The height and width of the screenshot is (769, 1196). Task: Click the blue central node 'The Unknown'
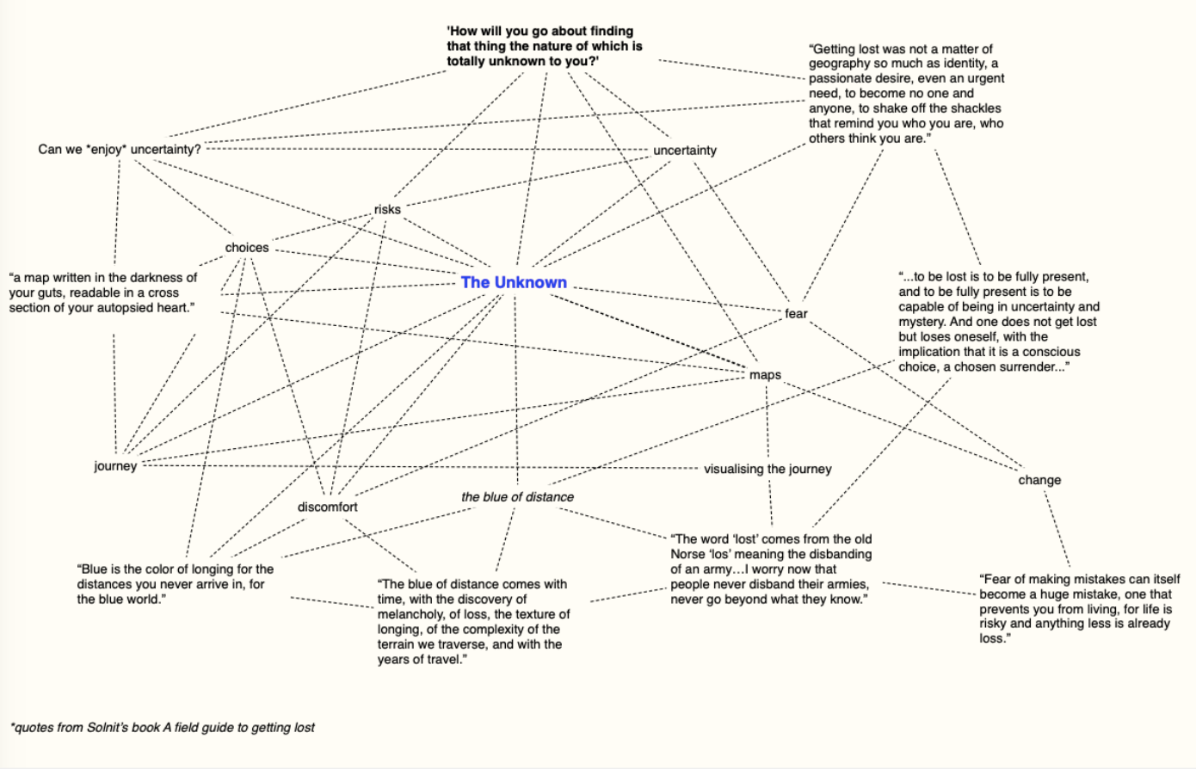(x=514, y=282)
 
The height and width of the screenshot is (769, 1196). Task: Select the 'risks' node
(x=387, y=209)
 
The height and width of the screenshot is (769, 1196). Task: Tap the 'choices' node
(x=247, y=248)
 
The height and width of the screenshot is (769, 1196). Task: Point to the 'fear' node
(x=796, y=313)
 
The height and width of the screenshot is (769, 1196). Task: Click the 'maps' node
(x=765, y=375)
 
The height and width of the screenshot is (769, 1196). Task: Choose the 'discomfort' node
(x=327, y=507)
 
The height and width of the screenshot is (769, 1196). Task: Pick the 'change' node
(x=1039, y=480)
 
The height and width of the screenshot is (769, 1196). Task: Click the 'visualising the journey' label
(x=768, y=469)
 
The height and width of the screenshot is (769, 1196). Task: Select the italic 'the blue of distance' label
(x=517, y=496)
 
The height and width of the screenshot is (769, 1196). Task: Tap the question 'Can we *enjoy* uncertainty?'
(x=119, y=149)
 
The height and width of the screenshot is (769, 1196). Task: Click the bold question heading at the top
(x=544, y=46)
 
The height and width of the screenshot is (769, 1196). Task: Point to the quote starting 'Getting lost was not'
(x=905, y=93)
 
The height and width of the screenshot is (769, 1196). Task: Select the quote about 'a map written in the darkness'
(x=102, y=292)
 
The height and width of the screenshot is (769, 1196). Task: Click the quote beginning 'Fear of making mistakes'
(x=1079, y=608)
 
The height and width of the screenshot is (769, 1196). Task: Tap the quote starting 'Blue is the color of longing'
(x=175, y=583)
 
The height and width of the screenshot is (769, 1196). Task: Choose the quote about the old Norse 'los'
(x=771, y=569)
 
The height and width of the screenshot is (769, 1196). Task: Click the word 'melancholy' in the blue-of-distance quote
(x=410, y=614)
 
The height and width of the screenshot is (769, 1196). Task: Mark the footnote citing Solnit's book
(x=163, y=727)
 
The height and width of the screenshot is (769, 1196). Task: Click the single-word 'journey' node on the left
(x=115, y=465)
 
